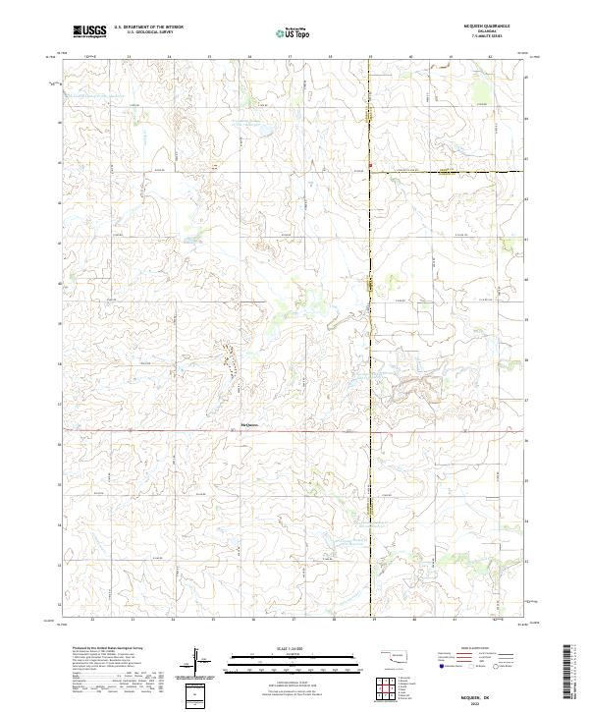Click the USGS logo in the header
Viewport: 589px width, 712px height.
click(x=89, y=30)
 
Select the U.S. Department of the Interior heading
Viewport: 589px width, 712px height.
click(x=148, y=27)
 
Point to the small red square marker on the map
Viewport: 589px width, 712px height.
click(x=371, y=164)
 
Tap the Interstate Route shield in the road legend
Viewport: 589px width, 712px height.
click(x=442, y=666)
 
